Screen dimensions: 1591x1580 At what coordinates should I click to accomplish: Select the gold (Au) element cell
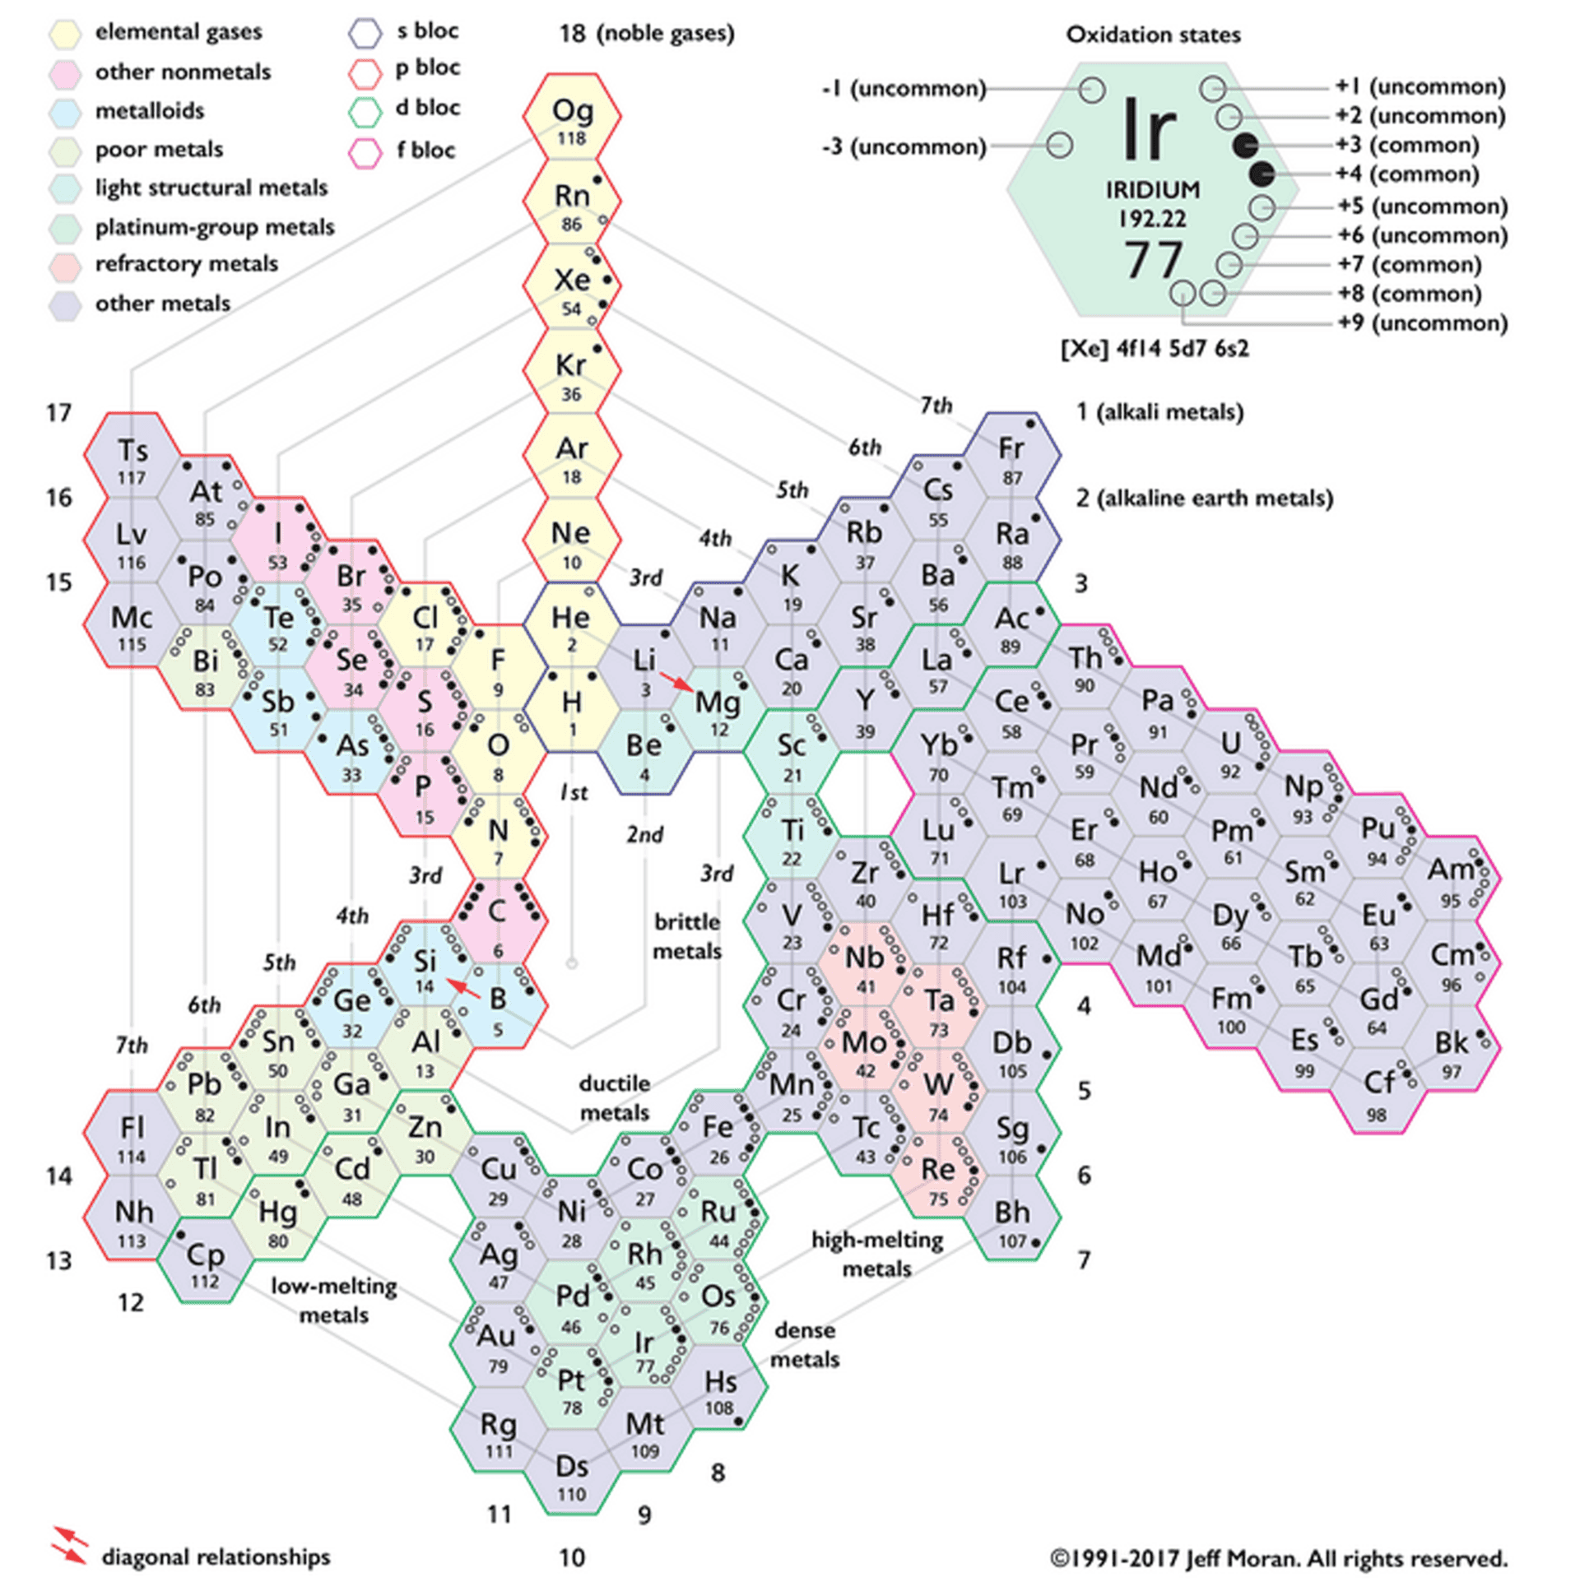point(498,1344)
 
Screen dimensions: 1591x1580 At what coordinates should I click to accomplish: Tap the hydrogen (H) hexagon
point(572,708)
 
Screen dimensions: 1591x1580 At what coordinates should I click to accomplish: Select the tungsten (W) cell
point(939,1090)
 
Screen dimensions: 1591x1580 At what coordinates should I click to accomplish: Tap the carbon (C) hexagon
point(498,919)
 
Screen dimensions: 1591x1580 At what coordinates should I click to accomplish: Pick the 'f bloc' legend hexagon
point(365,151)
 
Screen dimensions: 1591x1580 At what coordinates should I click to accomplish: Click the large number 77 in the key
point(1153,260)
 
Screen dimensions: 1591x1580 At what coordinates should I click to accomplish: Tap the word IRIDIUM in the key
point(1151,190)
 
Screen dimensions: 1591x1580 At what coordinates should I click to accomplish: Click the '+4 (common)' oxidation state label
point(1408,174)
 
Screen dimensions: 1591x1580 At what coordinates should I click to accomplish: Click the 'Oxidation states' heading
point(1152,35)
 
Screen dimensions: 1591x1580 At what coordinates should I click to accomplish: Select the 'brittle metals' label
point(687,936)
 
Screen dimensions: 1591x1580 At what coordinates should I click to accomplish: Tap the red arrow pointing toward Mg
point(677,681)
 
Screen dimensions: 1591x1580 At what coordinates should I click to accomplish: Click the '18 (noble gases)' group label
point(647,34)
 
